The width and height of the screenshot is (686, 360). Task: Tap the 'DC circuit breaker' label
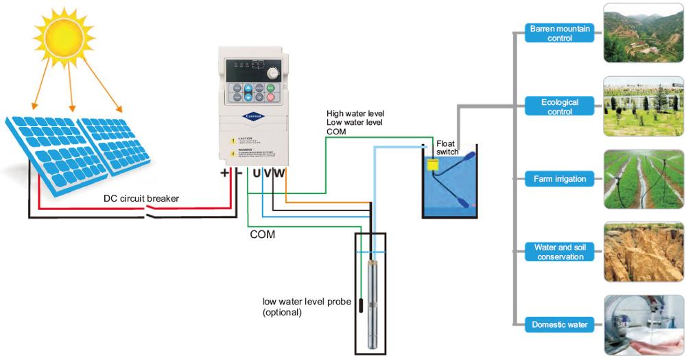click(141, 199)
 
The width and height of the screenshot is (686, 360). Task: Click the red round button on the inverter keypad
click(270, 98)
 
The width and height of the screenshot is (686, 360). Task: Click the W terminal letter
click(279, 173)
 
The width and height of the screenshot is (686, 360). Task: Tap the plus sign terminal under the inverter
click(225, 173)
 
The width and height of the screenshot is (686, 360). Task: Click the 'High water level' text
click(355, 113)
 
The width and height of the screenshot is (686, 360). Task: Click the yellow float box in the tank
click(432, 165)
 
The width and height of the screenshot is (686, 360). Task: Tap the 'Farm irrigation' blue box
click(560, 179)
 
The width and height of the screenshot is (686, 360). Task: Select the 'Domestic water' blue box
click(560, 324)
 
